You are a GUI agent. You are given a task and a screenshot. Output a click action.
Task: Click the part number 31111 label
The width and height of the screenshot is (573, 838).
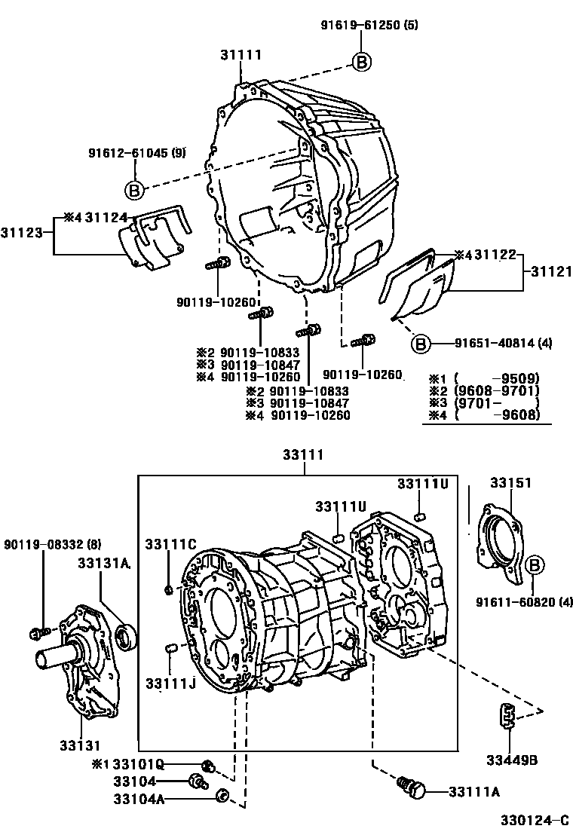point(241,54)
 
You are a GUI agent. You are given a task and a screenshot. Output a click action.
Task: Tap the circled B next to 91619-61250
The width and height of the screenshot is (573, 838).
point(362,63)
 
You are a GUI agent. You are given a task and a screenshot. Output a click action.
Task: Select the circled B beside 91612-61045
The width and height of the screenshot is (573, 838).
point(133,190)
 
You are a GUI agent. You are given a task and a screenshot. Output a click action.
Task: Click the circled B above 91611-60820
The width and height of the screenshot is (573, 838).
point(533,565)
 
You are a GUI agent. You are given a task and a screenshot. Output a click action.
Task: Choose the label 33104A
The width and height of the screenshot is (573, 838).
point(139,798)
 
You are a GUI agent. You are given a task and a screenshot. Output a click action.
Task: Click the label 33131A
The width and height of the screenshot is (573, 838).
point(105,562)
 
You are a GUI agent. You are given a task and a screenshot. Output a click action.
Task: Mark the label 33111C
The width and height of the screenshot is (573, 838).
point(171,543)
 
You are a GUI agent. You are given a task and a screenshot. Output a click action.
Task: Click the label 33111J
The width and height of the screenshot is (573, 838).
point(171,683)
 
